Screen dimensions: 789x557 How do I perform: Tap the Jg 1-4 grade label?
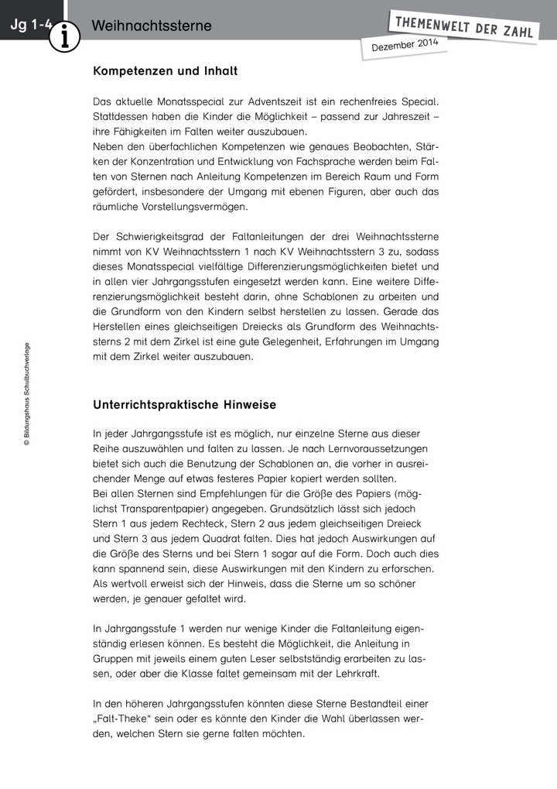tap(30, 26)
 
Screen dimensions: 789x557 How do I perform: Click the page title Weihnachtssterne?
tap(151, 26)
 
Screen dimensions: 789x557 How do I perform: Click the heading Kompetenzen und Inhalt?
tap(165, 71)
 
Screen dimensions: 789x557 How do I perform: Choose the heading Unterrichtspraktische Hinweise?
tap(184, 405)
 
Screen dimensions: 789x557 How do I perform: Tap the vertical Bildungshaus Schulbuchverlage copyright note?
tap(26, 395)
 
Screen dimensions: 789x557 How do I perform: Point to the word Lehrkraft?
tap(358, 674)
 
